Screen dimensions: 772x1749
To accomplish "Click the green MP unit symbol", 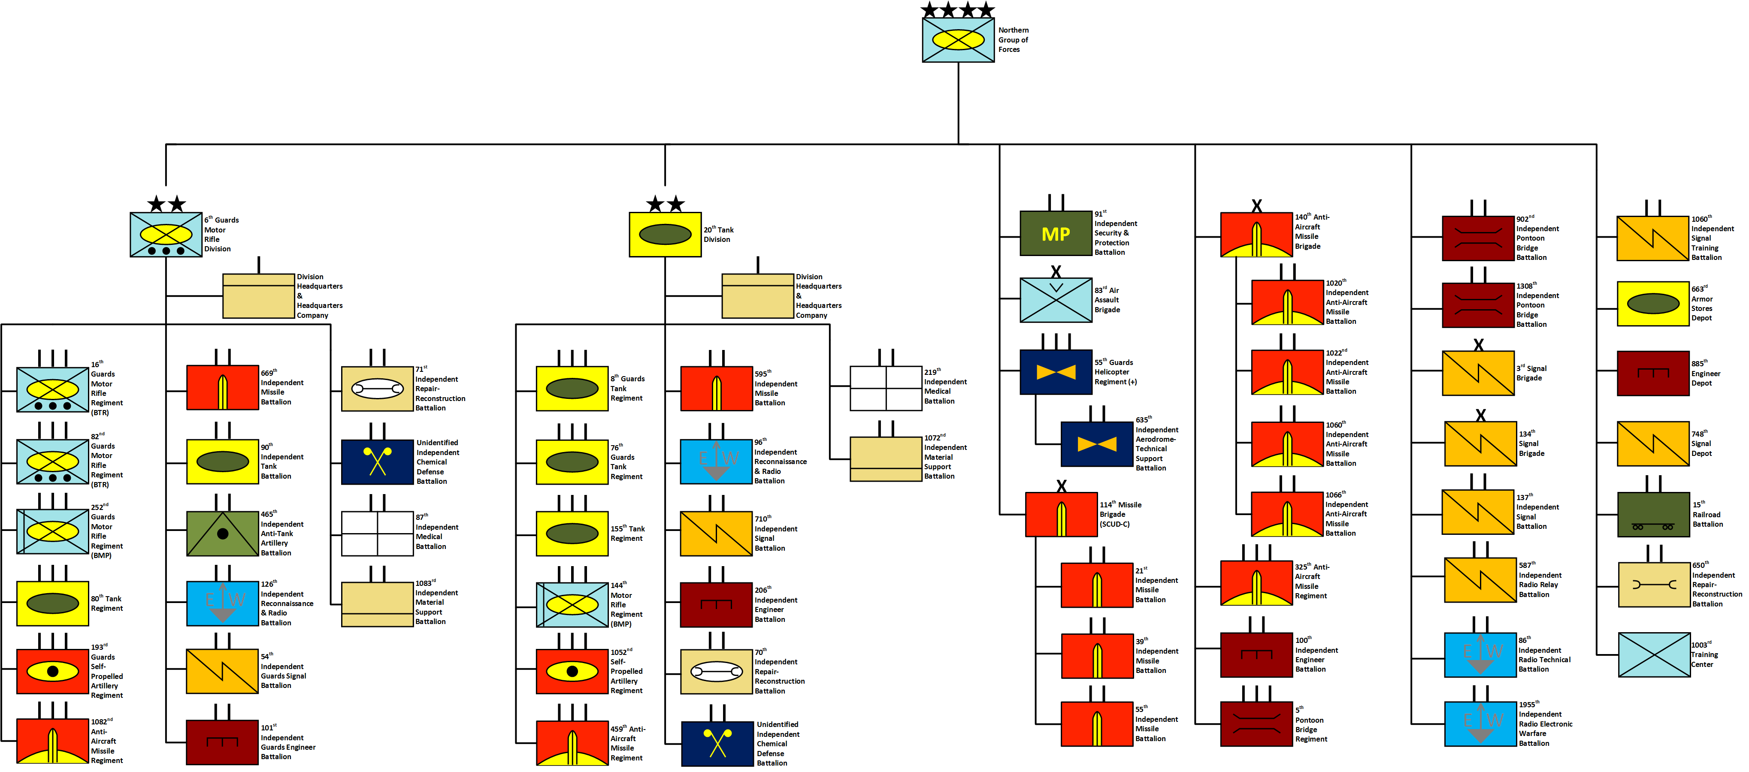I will click(1055, 233).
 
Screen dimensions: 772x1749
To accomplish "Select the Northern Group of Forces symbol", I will click(958, 40).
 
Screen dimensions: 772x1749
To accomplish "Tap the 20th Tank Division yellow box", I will click(665, 235).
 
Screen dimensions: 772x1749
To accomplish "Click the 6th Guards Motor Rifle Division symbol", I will click(166, 235).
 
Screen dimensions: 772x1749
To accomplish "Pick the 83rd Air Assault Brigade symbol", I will click(1055, 300).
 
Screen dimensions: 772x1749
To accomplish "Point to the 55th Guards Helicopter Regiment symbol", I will click(1055, 372).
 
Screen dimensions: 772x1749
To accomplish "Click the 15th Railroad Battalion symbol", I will click(1652, 515).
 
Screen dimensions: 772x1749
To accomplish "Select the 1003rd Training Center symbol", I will click(1654, 654).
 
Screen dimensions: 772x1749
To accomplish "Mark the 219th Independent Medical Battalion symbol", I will click(885, 388).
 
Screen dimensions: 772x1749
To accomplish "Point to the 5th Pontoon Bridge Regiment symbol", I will click(1256, 724).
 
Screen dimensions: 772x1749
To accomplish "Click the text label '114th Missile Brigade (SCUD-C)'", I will click(1120, 514).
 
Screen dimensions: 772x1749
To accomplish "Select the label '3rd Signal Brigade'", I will click(1532, 373).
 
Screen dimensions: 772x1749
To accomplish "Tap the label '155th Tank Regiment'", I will click(627, 533).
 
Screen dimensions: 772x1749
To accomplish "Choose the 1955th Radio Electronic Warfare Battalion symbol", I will click(1480, 724).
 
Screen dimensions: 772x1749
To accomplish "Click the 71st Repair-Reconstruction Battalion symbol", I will click(377, 389).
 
